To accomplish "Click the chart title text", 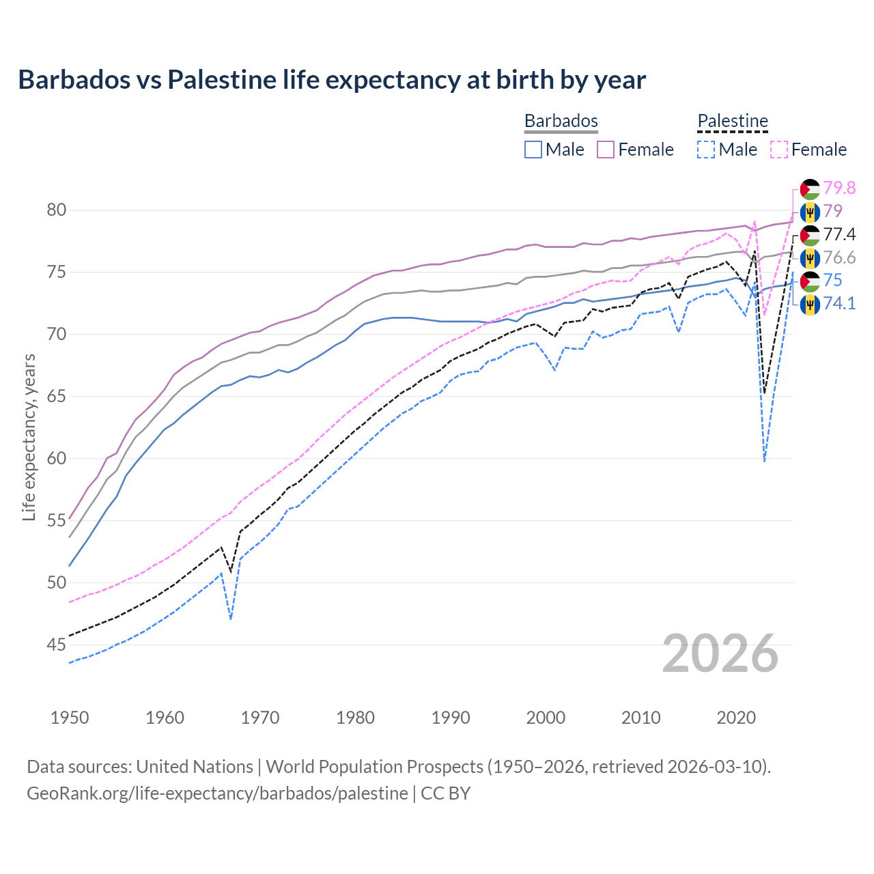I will tap(332, 80).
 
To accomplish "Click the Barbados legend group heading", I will tap(561, 121).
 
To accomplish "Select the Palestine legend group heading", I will tap(733, 121).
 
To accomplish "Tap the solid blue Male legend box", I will tap(533, 150).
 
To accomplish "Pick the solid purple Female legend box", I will tap(606, 150).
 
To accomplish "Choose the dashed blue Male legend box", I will tap(706, 150).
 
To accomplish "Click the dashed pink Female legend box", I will tap(779, 150).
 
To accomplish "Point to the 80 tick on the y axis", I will tap(57, 210).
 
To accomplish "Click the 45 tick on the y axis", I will tap(57, 645).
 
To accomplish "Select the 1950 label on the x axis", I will tap(70, 718).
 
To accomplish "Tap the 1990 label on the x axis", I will tap(451, 718).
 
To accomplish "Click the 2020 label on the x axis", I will tap(736, 718).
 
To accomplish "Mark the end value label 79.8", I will tap(839, 188).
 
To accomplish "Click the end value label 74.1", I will tap(839, 304).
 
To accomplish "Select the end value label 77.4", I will tap(839, 235).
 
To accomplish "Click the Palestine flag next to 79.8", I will tap(810, 188).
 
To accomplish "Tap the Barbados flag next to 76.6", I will tap(810, 258).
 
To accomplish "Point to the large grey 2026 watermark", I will tap(720, 653).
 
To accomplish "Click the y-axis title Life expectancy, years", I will tap(29, 437).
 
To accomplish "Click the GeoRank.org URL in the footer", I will tap(217, 793).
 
